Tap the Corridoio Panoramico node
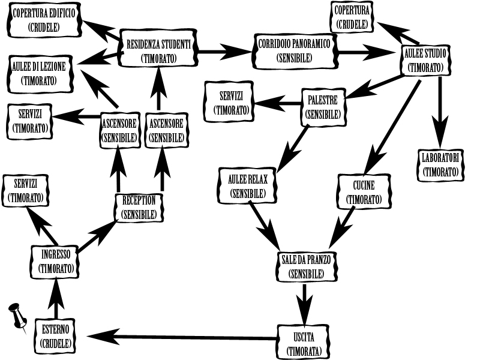294,51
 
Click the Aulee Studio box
425,60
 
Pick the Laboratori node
440,164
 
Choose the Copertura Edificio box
44,20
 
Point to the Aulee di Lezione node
41,73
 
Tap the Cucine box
364,192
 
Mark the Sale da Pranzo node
306,266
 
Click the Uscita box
304,343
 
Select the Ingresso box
55,261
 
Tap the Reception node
139,207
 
